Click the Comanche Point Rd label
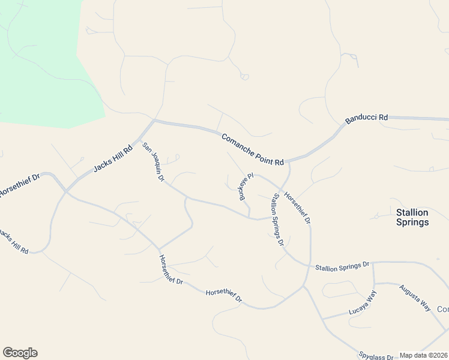252,150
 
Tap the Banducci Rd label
367,119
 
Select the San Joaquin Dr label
153,162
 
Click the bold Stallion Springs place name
412,217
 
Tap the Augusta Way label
415,297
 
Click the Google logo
20,353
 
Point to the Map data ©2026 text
424,355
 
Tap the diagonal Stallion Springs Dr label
277,220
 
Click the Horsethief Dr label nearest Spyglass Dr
224,295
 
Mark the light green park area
42,60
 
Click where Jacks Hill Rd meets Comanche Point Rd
154,121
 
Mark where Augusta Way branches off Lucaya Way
374,284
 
